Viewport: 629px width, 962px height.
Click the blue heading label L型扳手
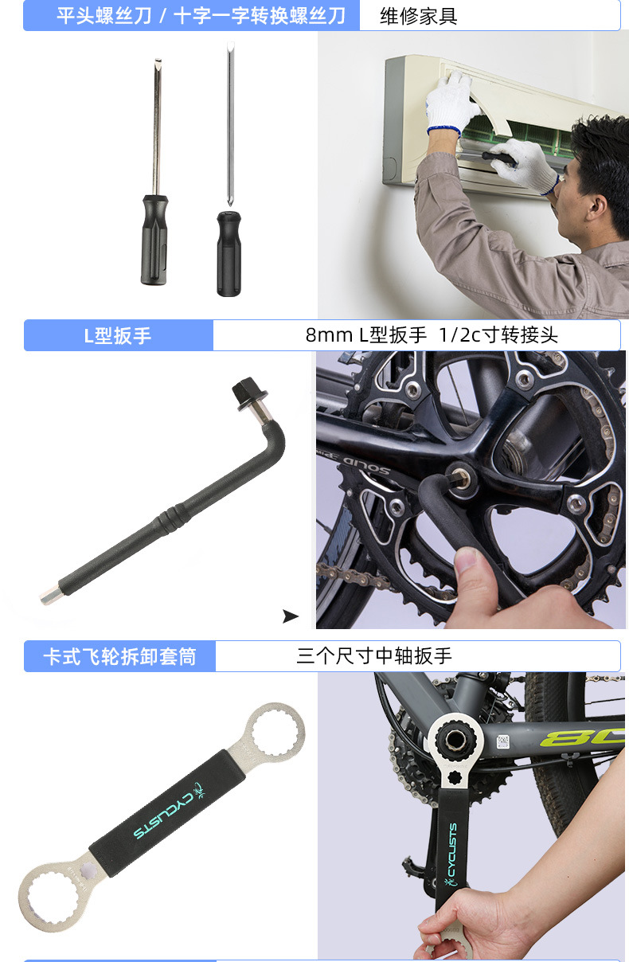click(118, 335)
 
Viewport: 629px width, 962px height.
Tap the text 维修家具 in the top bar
click(418, 16)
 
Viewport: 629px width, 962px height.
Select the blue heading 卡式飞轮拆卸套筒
click(119, 657)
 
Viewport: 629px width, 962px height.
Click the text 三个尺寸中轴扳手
click(374, 656)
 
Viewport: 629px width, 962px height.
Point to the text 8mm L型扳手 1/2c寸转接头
click(432, 335)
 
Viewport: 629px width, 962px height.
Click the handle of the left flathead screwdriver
click(154, 239)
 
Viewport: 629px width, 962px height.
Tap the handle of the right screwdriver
click(229, 252)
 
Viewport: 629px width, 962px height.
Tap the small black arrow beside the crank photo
click(291, 616)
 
